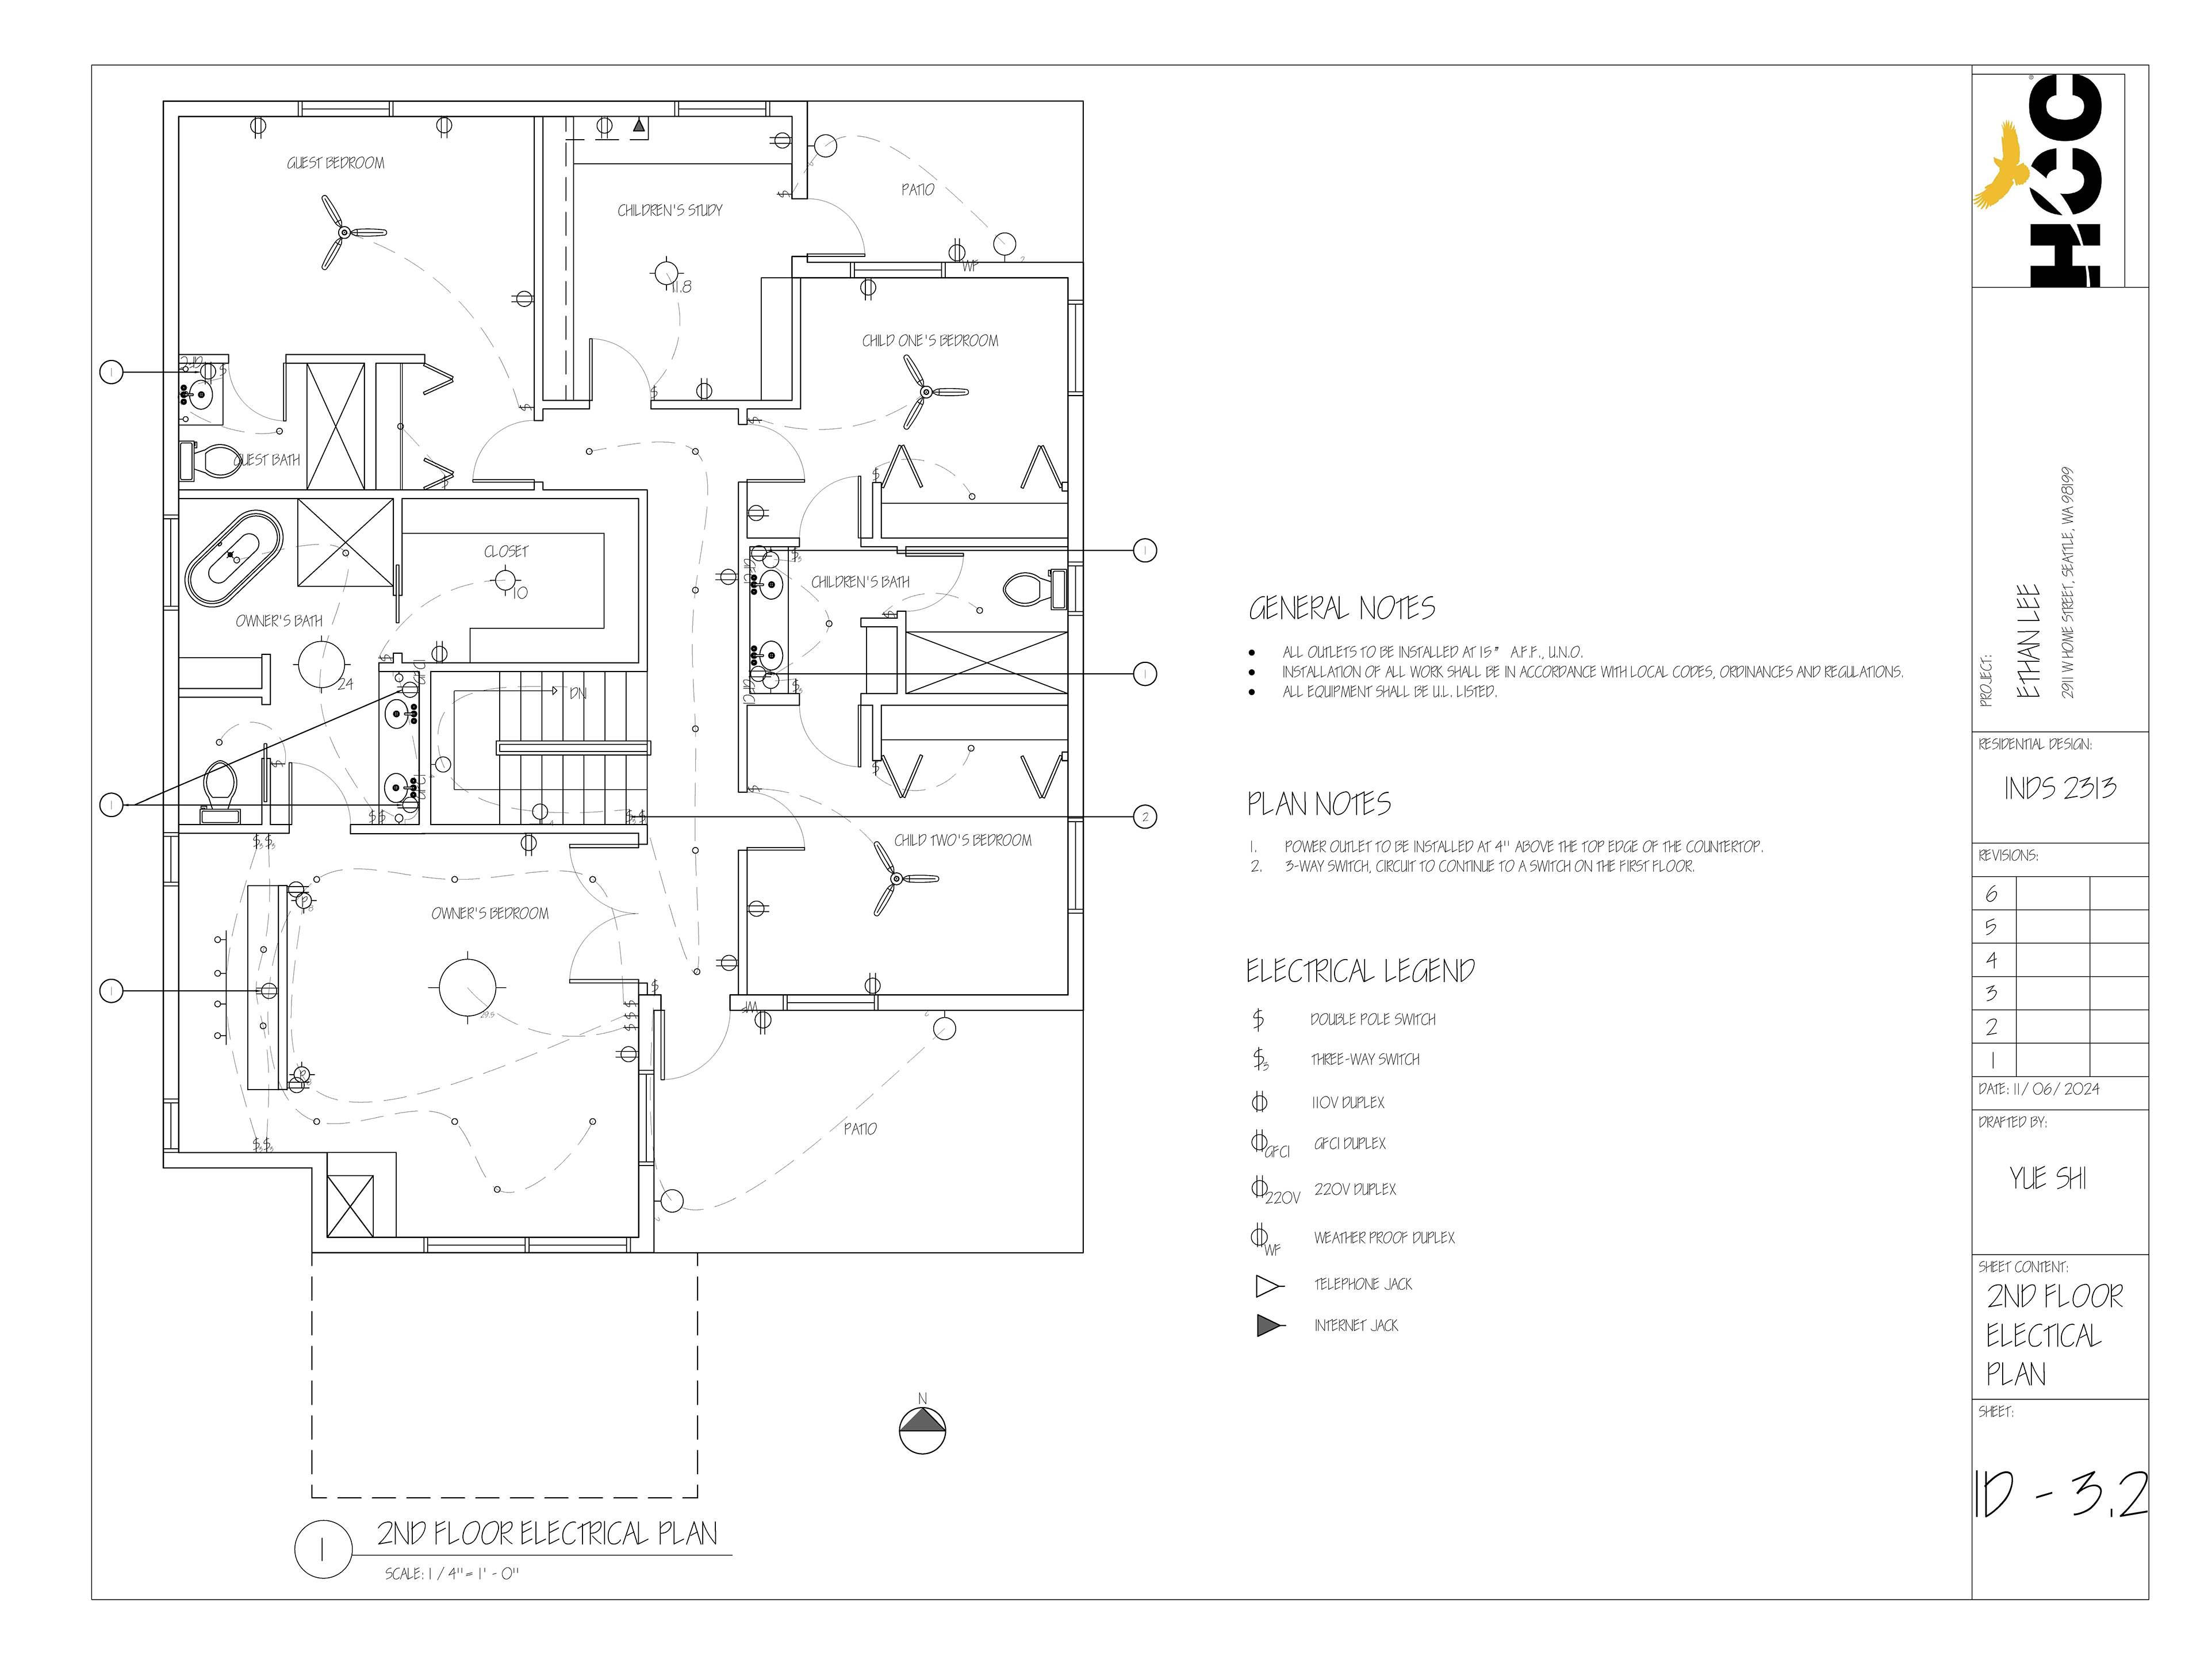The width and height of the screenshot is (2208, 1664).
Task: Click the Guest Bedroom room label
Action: [335, 163]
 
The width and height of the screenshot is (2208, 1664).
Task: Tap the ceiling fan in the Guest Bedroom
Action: [344, 233]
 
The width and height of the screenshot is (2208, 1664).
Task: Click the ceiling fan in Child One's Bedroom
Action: [926, 392]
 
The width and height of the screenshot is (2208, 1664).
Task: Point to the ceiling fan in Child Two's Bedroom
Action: [896, 879]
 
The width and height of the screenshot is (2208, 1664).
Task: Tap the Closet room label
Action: [506, 551]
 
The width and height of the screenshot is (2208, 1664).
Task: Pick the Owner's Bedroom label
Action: [489, 913]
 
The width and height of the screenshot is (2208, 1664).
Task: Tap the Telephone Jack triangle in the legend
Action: [1268, 1286]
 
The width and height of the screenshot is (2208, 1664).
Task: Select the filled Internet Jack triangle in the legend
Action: [1268, 1325]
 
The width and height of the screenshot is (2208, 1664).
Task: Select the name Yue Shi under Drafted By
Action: [2048, 1178]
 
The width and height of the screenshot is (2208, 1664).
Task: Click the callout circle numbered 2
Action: [1145, 816]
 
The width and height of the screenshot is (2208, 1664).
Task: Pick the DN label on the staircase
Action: [577, 693]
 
